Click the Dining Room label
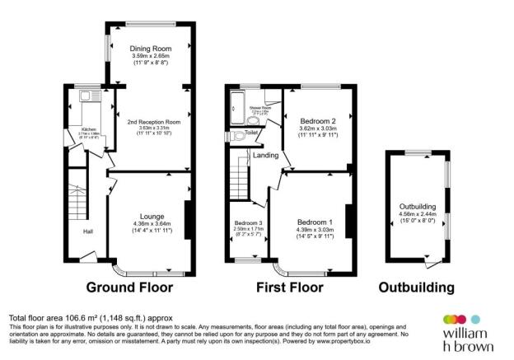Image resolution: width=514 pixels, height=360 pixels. point(150,49)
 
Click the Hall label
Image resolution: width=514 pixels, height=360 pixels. point(87,231)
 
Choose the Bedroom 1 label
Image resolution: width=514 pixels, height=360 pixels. point(314,222)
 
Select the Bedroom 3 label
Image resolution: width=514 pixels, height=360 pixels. point(248,222)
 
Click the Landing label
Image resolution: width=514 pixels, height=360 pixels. point(265,155)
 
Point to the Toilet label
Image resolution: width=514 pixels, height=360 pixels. point(251,132)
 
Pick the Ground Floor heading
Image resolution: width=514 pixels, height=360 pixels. point(130,288)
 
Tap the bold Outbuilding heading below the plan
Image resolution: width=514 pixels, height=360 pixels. point(416,288)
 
